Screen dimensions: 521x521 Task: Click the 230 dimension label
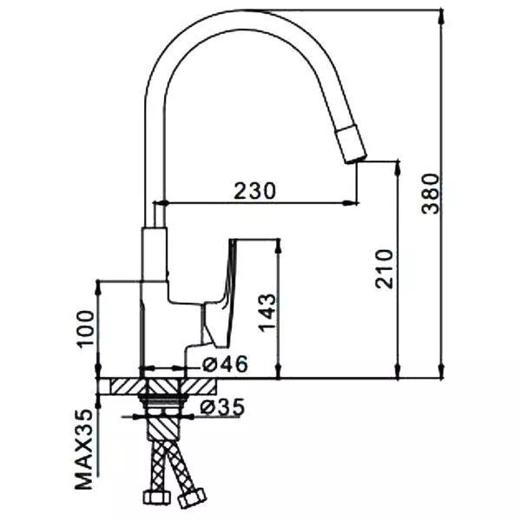pos(254,191)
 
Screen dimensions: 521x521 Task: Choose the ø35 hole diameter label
pos(221,406)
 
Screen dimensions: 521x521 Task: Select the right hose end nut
pos(191,498)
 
